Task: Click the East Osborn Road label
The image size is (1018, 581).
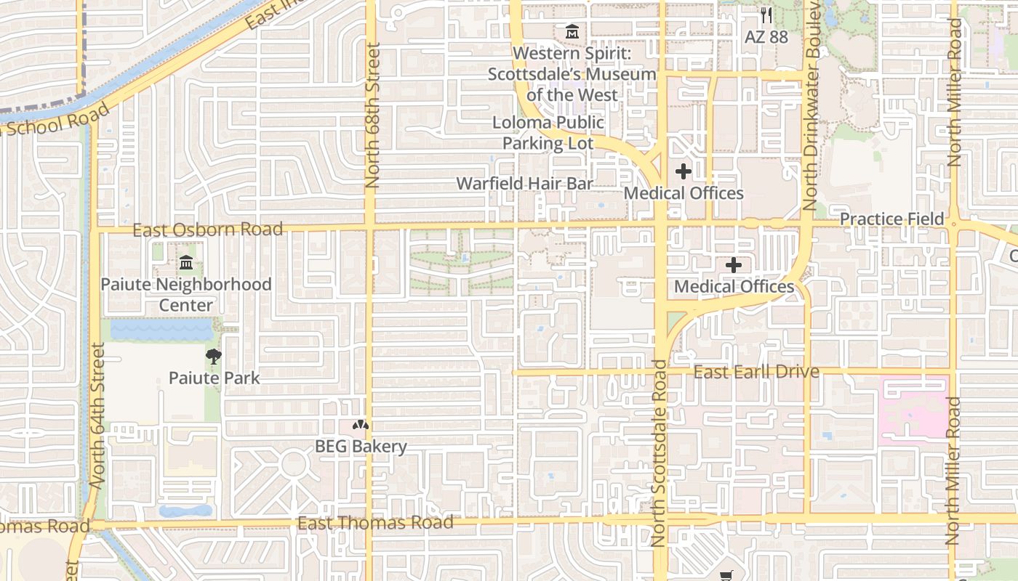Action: (x=207, y=229)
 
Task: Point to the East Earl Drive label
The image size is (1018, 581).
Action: (x=756, y=372)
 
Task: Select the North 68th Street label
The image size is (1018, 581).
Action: (x=373, y=116)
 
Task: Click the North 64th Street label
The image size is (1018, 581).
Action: (x=98, y=414)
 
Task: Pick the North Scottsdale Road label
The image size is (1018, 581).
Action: (x=659, y=453)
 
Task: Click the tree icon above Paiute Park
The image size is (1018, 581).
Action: (x=214, y=356)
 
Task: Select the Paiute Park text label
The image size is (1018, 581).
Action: (x=214, y=378)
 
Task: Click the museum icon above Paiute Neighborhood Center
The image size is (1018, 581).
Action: (x=186, y=262)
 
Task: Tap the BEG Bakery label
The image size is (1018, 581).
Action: (x=361, y=446)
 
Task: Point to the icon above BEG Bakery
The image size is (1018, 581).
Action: (x=361, y=425)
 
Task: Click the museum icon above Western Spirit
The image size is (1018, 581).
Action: (x=572, y=33)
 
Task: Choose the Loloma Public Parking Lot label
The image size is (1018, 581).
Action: (x=548, y=133)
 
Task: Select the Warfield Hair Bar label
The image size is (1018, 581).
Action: (x=524, y=183)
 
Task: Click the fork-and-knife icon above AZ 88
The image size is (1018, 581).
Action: (x=766, y=15)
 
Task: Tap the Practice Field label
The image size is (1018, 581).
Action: (x=891, y=219)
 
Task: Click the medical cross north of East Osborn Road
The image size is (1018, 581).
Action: (x=684, y=172)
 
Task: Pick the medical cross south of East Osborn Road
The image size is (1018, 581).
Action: (x=734, y=265)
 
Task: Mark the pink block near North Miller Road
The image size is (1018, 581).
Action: (x=913, y=410)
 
